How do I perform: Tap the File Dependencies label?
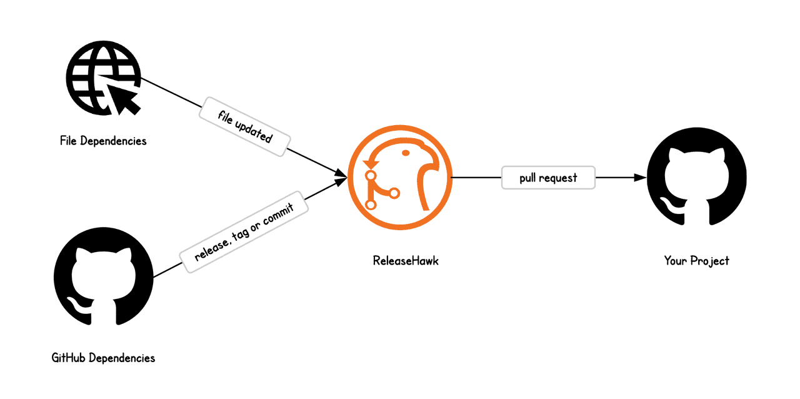(103, 141)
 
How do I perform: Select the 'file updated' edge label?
(245, 126)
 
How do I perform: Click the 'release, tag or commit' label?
(244, 231)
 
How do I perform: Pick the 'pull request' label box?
(548, 178)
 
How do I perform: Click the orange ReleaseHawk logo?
(399, 178)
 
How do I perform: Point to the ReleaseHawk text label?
(406, 261)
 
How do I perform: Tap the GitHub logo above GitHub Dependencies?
(103, 276)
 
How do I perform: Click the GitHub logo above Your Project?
(696, 178)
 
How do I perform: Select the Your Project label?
(696, 261)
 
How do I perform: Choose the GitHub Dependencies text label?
(103, 358)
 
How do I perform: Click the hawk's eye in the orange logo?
(406, 153)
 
